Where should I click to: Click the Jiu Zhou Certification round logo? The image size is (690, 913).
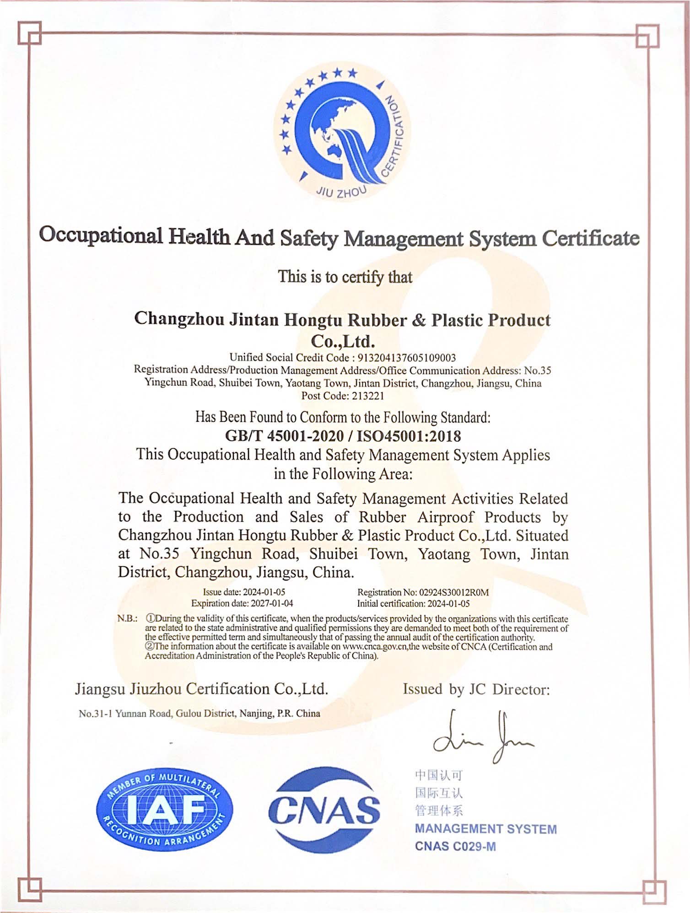pyautogui.click(x=342, y=133)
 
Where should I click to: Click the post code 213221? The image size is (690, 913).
pyautogui.click(x=368, y=396)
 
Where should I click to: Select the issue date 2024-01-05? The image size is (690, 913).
pyautogui.click(x=264, y=592)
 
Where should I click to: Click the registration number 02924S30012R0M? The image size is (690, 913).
pyautogui.click(x=454, y=592)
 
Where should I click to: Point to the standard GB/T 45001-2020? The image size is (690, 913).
pyautogui.click(x=284, y=436)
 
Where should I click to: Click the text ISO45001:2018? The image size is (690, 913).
pyautogui.click(x=409, y=436)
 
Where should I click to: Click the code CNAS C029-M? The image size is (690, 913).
pyautogui.click(x=455, y=847)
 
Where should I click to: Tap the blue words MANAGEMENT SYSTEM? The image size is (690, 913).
pyautogui.click(x=485, y=829)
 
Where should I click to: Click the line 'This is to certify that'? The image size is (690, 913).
pyautogui.click(x=345, y=277)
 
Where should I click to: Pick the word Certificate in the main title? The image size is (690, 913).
pyautogui.click(x=590, y=238)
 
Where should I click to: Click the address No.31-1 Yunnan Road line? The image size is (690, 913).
pyautogui.click(x=199, y=714)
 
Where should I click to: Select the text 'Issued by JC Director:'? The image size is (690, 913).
pyautogui.click(x=476, y=689)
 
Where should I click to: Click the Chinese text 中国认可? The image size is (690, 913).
pyautogui.click(x=439, y=775)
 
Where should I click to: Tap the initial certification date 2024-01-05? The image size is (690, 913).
pyautogui.click(x=448, y=604)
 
